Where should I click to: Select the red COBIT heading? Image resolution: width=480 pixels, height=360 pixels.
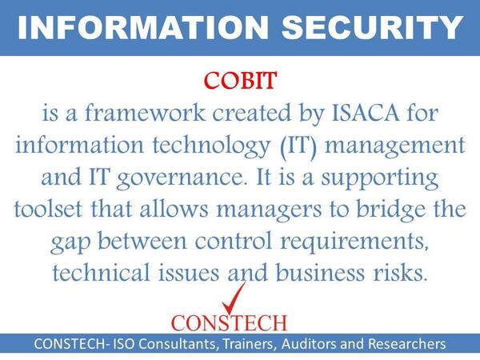click(239, 82)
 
